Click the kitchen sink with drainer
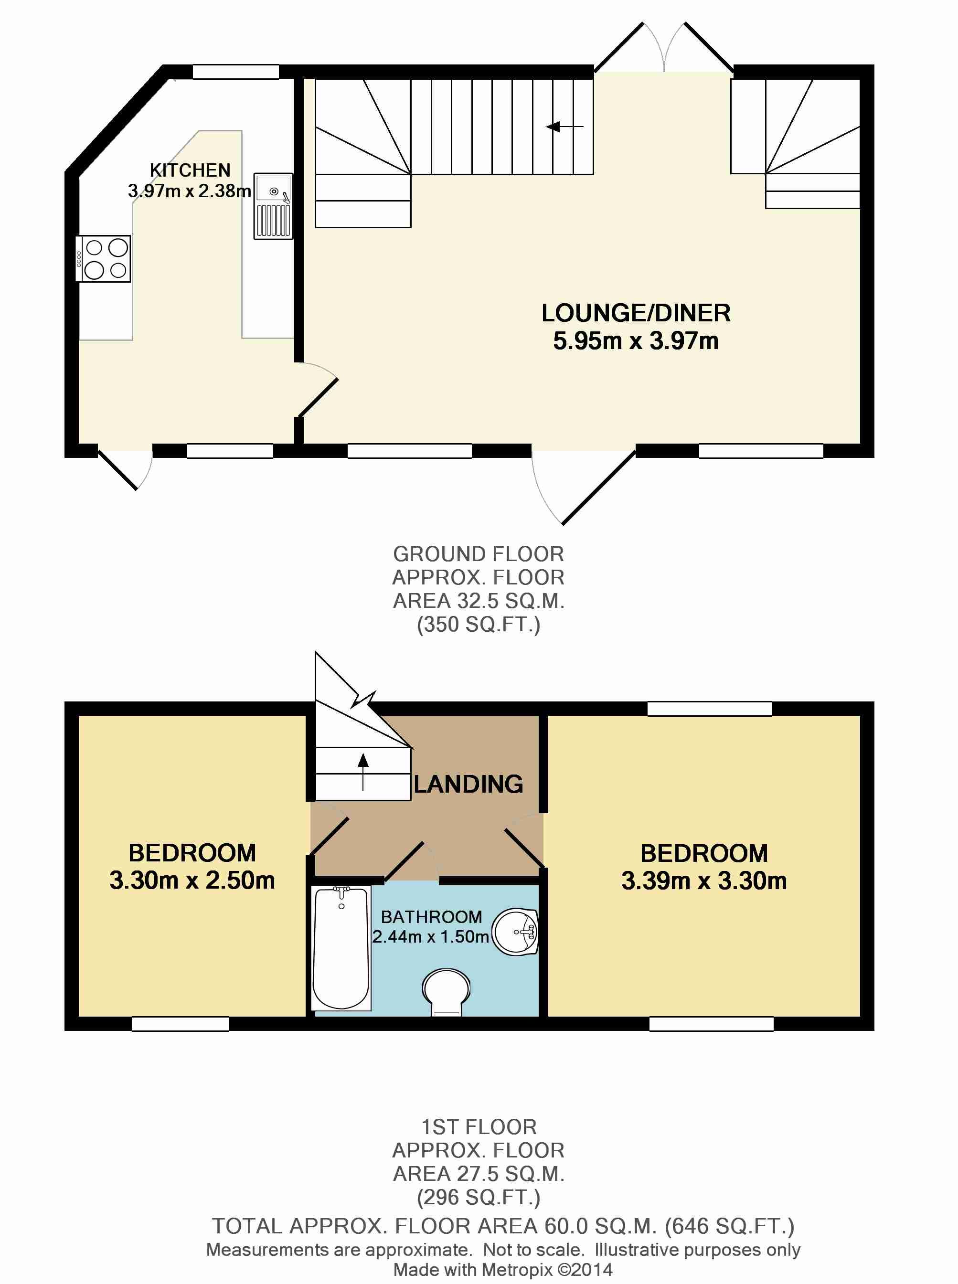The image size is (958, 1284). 273,206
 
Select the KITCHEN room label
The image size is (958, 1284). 190,170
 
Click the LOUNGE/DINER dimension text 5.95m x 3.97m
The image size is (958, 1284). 636,341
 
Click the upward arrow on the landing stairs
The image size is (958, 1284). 363,772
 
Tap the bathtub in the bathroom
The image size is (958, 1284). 341,948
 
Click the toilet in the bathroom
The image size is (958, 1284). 446,991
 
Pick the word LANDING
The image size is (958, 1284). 468,785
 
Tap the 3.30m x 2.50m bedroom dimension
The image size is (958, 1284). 192,881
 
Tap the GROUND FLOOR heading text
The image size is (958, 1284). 479,554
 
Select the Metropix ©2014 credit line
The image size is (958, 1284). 503,1270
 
